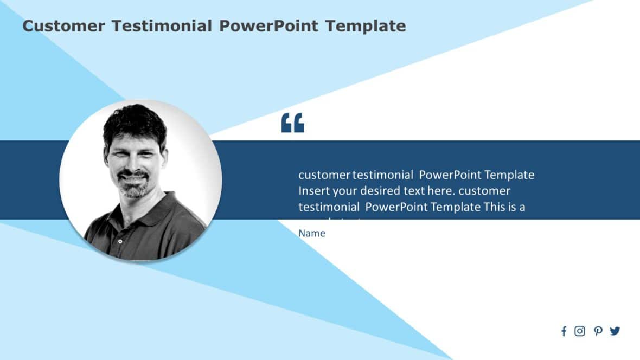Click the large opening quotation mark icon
(292, 123)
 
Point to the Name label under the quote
(312, 233)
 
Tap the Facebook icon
(564, 331)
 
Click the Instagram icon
(580, 331)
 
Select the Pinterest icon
(598, 331)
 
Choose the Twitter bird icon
(615, 331)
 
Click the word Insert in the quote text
(313, 191)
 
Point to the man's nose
(131, 163)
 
